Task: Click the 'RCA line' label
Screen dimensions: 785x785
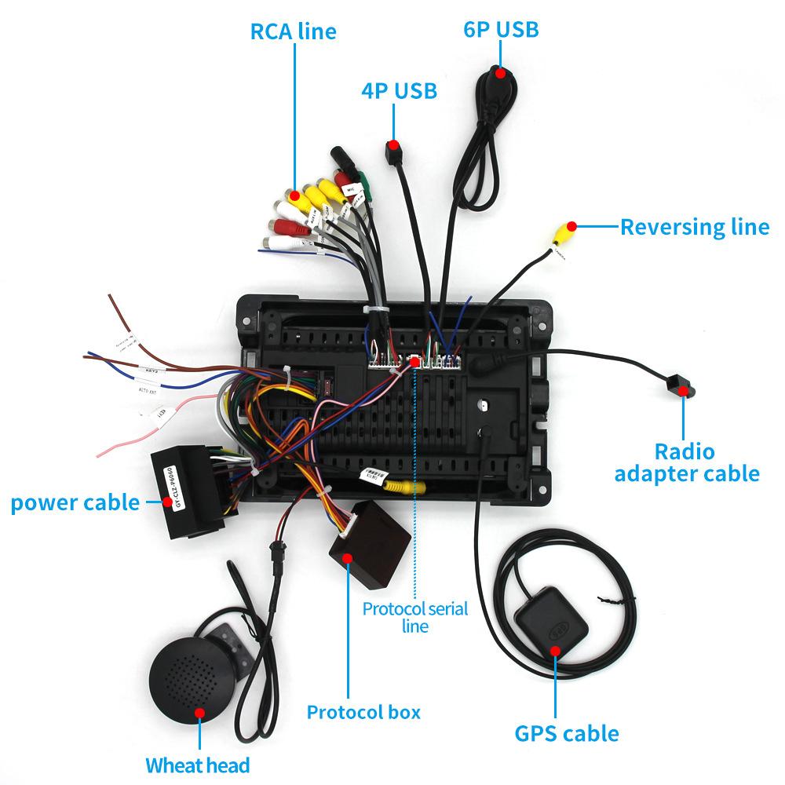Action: pyautogui.click(x=293, y=31)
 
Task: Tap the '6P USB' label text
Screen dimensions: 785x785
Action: pyautogui.click(x=500, y=29)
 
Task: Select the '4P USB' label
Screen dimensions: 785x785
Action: pyautogui.click(x=398, y=91)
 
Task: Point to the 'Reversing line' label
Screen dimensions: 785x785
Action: pyautogui.click(x=694, y=227)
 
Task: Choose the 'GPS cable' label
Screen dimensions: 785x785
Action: pyautogui.click(x=566, y=734)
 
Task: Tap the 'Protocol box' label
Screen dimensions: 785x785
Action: pyautogui.click(x=363, y=712)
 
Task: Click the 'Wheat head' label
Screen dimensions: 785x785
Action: pyautogui.click(x=197, y=765)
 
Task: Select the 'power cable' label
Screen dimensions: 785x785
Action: pyautogui.click(x=75, y=502)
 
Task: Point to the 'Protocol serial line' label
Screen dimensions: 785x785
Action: pyautogui.click(x=414, y=616)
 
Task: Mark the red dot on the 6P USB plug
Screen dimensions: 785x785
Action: pyautogui.click(x=499, y=72)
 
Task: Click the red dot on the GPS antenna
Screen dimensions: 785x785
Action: pyautogui.click(x=555, y=651)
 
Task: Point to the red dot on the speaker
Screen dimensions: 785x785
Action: pyautogui.click(x=199, y=713)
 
